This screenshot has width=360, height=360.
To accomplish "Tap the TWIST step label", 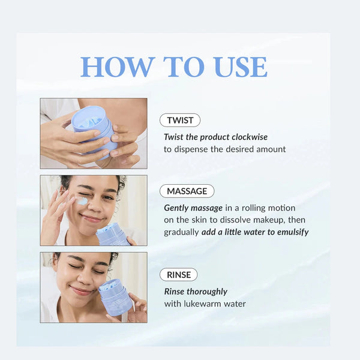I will click(180, 120).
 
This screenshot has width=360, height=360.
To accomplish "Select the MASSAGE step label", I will click(187, 191).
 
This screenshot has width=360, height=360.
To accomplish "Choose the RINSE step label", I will click(178, 275).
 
